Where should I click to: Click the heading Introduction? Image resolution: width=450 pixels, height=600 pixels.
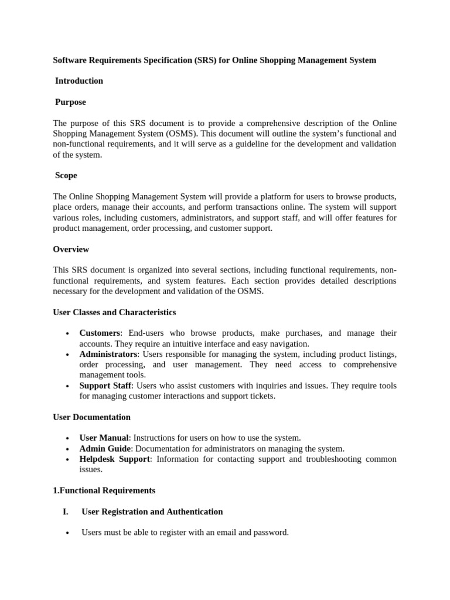tap(79, 81)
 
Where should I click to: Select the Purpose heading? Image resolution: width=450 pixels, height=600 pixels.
tap(70, 102)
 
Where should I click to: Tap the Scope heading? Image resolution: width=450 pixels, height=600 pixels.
tap(66, 175)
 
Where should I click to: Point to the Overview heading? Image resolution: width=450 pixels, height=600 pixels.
tap(71, 249)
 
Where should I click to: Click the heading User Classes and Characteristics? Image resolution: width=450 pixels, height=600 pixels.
tap(114, 312)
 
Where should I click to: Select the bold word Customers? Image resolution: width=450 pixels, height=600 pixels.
tap(100, 333)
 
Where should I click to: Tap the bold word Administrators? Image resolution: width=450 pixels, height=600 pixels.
tap(108, 354)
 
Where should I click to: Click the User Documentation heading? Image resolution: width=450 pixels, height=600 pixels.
tap(91, 417)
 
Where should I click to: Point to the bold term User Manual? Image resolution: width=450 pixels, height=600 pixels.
tap(104, 438)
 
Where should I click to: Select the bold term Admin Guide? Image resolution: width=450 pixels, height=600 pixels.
tap(105, 448)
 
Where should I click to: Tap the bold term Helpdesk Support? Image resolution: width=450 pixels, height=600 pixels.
tap(115, 459)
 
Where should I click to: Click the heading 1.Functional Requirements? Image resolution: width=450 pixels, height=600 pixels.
tap(104, 490)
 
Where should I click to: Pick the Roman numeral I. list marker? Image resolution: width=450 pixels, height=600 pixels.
tap(65, 512)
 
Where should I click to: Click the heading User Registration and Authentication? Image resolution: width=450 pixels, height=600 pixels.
tap(152, 512)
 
